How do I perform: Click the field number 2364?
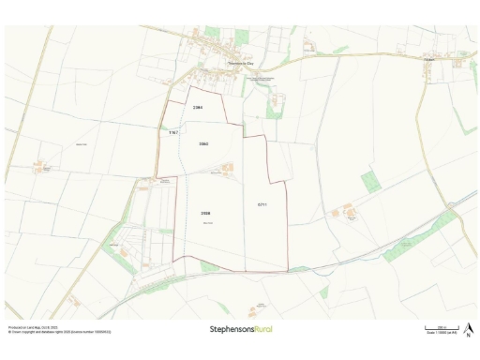tap(198, 109)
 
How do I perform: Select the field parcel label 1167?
tap(172, 134)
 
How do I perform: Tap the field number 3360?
tap(203, 143)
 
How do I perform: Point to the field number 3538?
tap(204, 214)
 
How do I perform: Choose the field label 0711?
tap(262, 203)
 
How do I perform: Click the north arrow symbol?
tap(468, 327)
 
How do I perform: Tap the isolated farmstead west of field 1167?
tap(40, 168)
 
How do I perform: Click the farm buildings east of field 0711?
tap(349, 213)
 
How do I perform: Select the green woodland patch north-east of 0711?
tap(371, 181)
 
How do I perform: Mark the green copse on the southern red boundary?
tap(208, 267)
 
